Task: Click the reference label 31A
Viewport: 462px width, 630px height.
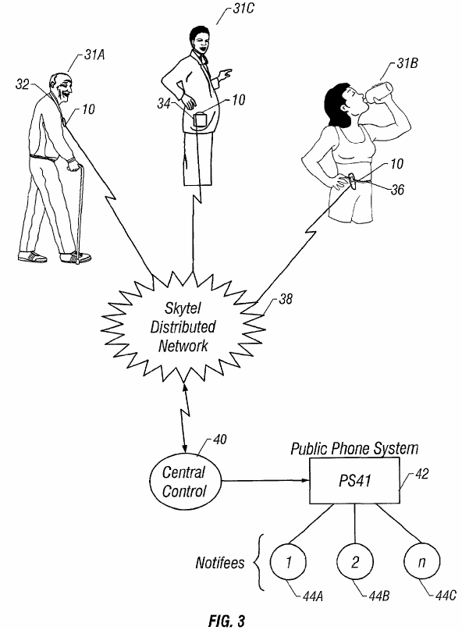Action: pyautogui.click(x=94, y=54)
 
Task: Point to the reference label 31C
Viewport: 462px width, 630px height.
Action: pyautogui.click(x=243, y=9)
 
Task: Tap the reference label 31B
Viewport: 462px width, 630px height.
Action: pyautogui.click(x=407, y=63)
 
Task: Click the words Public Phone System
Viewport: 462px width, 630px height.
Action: pyautogui.click(x=354, y=448)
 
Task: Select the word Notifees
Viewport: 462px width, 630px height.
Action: pyautogui.click(x=220, y=563)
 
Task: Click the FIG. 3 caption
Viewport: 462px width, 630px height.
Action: pyautogui.click(x=226, y=621)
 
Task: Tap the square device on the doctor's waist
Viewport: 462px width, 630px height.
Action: pyautogui.click(x=200, y=119)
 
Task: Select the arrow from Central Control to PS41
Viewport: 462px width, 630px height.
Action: pyautogui.click(x=265, y=480)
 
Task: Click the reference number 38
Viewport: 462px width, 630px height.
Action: pyautogui.click(x=286, y=299)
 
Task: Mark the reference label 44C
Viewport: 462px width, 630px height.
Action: pyautogui.click(x=446, y=595)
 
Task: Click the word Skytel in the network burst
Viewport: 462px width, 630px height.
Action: pyautogui.click(x=183, y=308)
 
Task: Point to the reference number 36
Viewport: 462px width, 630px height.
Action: pyautogui.click(x=398, y=189)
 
